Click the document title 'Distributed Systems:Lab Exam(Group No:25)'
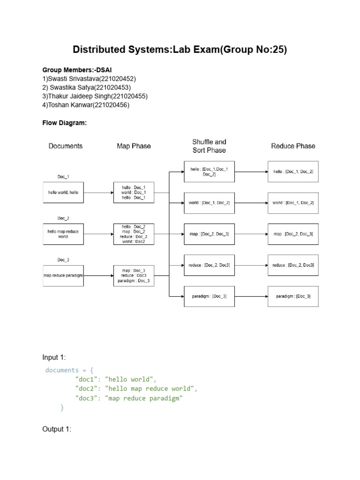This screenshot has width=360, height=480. [x=180, y=49]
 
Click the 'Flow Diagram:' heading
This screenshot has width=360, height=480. [x=65, y=123]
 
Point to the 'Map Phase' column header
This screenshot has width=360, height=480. [x=134, y=146]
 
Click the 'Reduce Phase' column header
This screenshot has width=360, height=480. [x=293, y=146]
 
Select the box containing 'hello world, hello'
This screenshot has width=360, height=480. [x=63, y=193]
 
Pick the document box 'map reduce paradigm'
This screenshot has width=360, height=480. [x=63, y=276]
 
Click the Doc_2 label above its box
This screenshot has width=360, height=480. [x=63, y=218]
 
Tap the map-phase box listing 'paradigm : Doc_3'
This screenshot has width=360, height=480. [x=134, y=276]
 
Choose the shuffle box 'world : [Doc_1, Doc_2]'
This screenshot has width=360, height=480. [x=209, y=202]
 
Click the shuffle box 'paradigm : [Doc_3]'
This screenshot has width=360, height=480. [x=209, y=296]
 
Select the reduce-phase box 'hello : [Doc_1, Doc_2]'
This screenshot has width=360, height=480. [x=293, y=172]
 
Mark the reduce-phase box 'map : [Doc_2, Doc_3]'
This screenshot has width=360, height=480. [x=293, y=234]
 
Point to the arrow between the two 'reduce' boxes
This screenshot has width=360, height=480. [x=251, y=265]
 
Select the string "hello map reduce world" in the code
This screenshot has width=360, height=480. [x=149, y=389]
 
